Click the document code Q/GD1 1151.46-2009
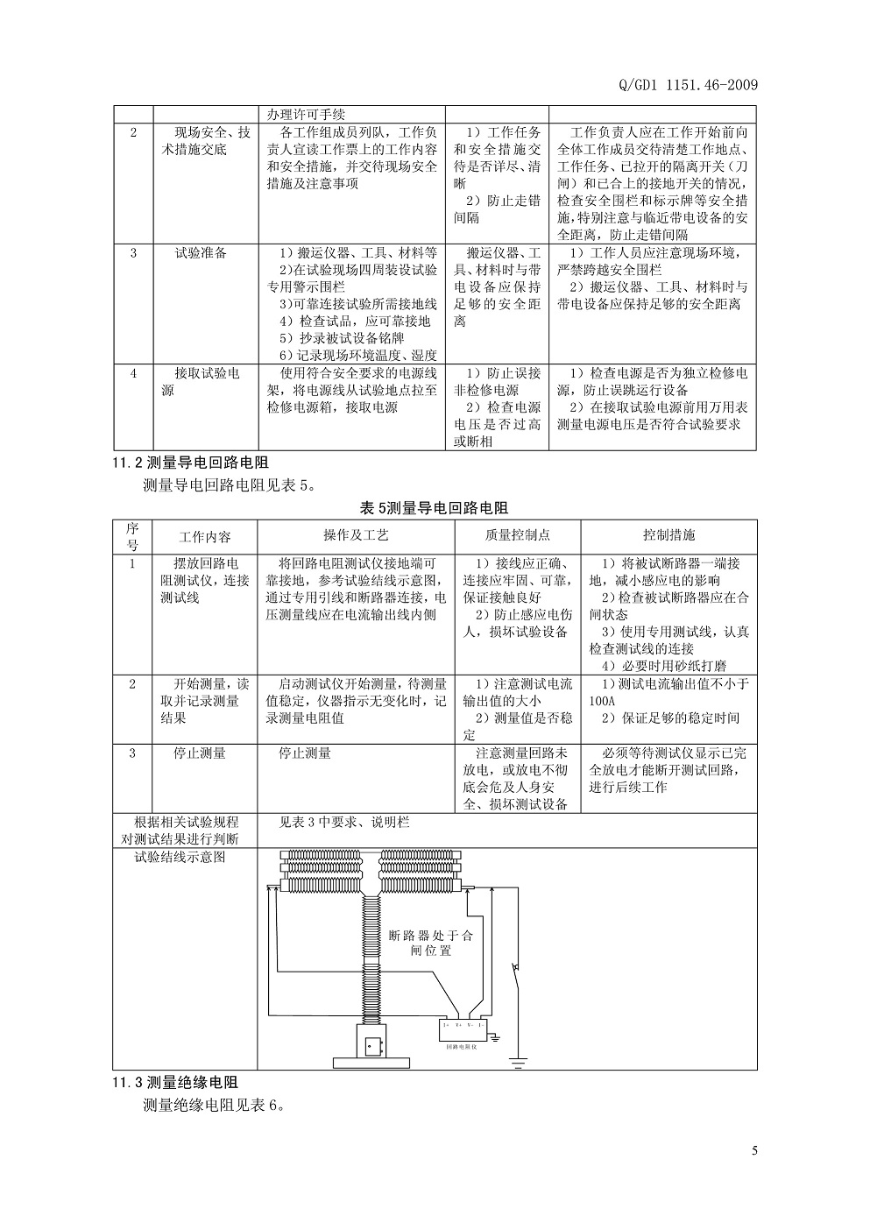point(694,84)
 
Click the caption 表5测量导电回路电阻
point(434,507)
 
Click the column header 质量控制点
point(517,535)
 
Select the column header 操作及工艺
point(356,535)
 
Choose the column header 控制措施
point(668,535)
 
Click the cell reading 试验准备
point(201,253)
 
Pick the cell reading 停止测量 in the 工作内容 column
point(201,753)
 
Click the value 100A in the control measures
point(604,702)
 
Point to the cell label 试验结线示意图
point(180,857)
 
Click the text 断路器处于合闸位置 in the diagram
point(431,943)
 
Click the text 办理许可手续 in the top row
point(307,114)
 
